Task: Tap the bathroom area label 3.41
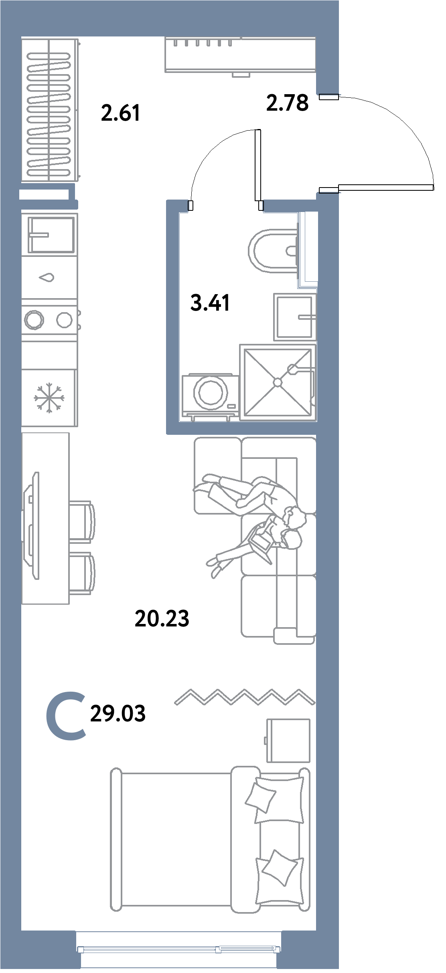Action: pyautogui.click(x=210, y=303)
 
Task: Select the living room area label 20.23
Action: pyautogui.click(x=162, y=618)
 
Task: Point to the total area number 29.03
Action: pyautogui.click(x=118, y=714)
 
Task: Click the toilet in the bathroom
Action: pyautogui.click(x=273, y=251)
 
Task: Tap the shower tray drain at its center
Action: pyautogui.click(x=278, y=382)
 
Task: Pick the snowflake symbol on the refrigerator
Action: pyautogui.click(x=49, y=398)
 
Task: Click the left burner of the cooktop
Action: pyautogui.click(x=34, y=320)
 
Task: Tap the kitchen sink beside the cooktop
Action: pyautogui.click(x=51, y=235)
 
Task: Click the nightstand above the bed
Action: pyautogui.click(x=288, y=740)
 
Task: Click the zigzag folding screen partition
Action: pyautogui.click(x=245, y=697)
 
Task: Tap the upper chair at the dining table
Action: pyautogui.click(x=82, y=522)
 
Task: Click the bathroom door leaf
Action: pyautogui.click(x=258, y=165)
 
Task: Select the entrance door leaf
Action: pyautogui.click(x=386, y=187)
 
